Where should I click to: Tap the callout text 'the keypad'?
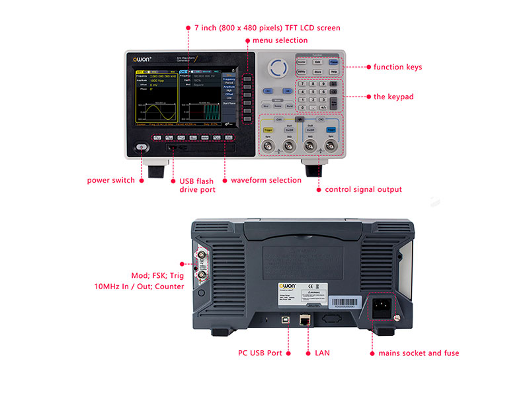click(x=393, y=97)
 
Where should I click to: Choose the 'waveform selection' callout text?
click(x=266, y=180)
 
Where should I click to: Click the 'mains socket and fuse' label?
click(x=419, y=353)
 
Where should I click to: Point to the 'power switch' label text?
click(x=110, y=180)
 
